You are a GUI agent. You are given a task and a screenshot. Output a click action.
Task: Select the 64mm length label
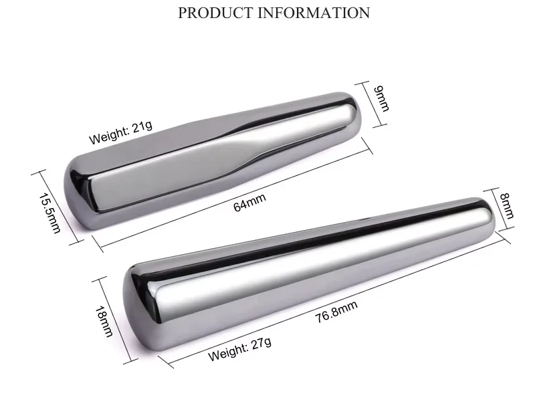[249, 202]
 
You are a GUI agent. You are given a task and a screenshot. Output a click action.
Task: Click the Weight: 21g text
[121, 131]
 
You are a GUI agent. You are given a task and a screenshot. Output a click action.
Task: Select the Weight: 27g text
[239, 349]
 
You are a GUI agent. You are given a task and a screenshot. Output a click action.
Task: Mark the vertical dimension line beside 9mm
[365, 103]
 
